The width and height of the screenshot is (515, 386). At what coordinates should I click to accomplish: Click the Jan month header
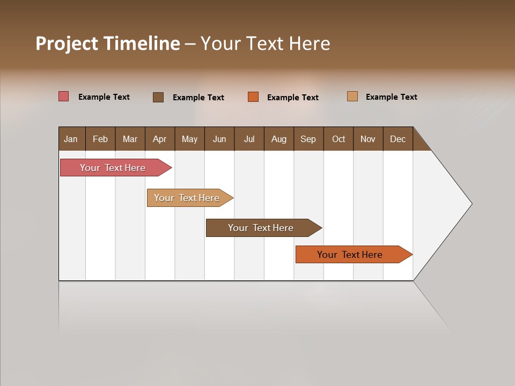pos(71,139)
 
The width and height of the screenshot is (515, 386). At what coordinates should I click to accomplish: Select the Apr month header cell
pos(160,139)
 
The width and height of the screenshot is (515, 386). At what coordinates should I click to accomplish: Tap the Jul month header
pos(249,139)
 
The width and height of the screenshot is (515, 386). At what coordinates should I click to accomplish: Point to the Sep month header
pos(308,139)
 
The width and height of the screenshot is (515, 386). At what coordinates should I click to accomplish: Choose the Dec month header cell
pos(398,139)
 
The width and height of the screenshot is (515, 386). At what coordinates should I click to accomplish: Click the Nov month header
pos(368,139)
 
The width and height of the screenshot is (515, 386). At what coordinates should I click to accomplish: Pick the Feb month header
pos(100,139)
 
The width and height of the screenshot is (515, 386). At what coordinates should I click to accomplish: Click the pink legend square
pos(64,96)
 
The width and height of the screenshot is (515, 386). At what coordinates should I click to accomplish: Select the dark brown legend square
pos(158,97)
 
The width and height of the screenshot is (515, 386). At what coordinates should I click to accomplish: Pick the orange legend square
pos(253,97)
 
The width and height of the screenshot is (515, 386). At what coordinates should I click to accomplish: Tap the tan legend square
pos(352,96)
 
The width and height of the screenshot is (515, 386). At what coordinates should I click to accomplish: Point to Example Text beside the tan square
pos(391,96)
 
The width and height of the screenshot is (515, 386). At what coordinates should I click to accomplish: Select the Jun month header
pos(219,139)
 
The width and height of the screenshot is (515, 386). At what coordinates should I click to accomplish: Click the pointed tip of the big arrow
pos(470,204)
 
